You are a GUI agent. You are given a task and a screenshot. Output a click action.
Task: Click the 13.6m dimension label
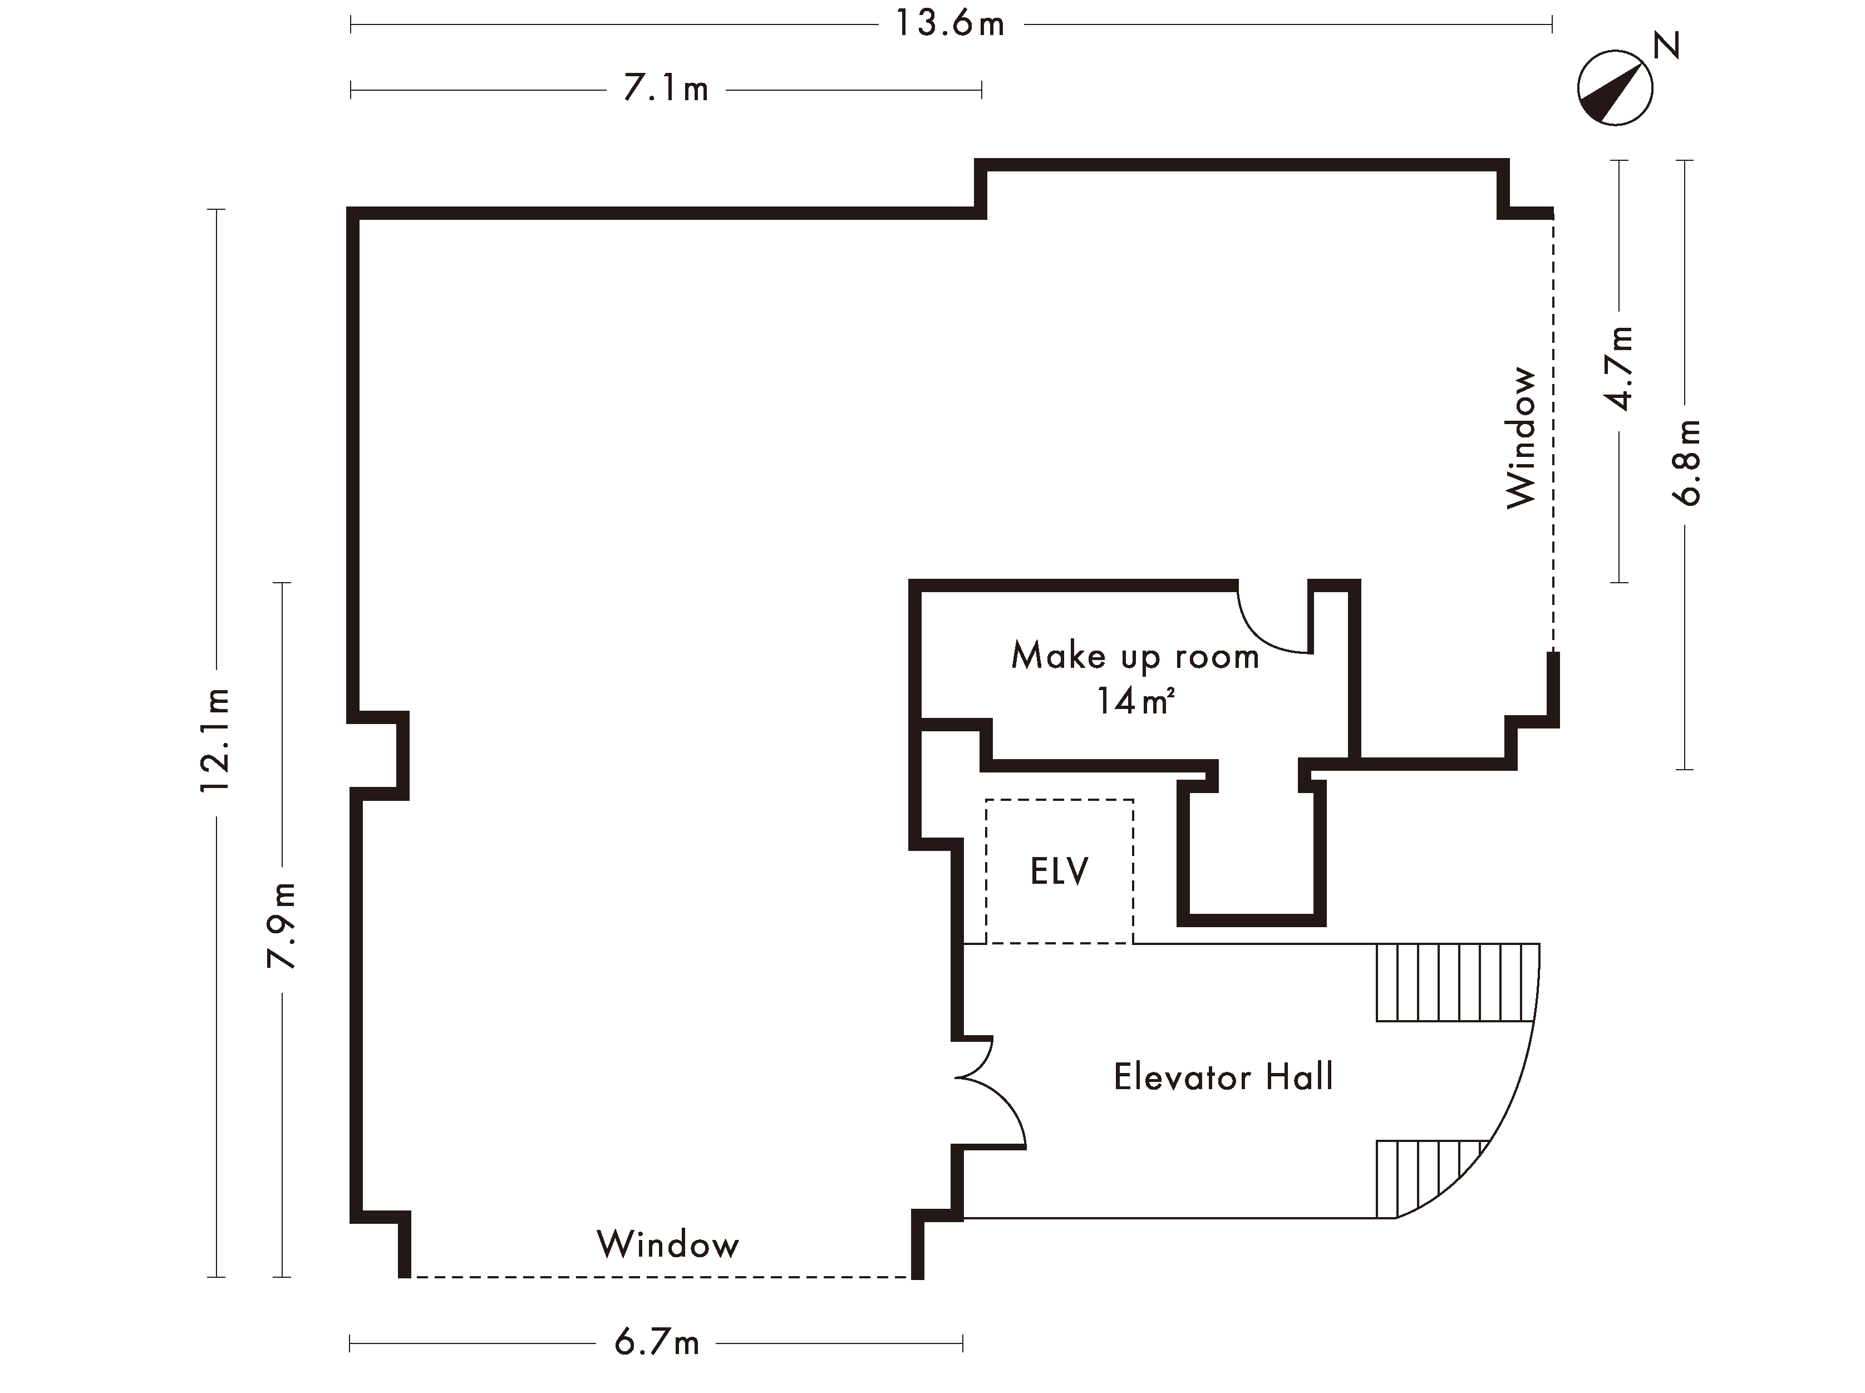[x=950, y=24]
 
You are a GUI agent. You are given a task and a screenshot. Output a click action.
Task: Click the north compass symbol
[x=1614, y=88]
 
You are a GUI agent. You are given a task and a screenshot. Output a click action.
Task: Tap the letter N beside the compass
[x=1666, y=46]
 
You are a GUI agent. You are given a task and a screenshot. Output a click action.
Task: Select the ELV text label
[x=1059, y=871]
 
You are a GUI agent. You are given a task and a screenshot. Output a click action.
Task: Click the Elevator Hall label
[x=1223, y=1077]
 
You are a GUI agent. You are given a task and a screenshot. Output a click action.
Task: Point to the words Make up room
[x=1135, y=656]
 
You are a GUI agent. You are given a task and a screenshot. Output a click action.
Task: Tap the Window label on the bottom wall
[x=668, y=1244]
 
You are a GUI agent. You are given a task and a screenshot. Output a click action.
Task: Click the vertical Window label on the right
[x=1522, y=437]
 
